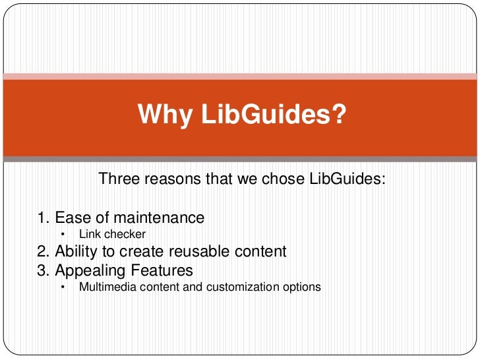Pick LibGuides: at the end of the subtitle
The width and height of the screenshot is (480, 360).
point(346,179)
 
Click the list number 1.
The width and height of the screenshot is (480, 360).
point(42,218)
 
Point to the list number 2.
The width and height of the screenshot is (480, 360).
point(42,251)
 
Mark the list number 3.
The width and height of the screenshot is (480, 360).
point(42,270)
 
